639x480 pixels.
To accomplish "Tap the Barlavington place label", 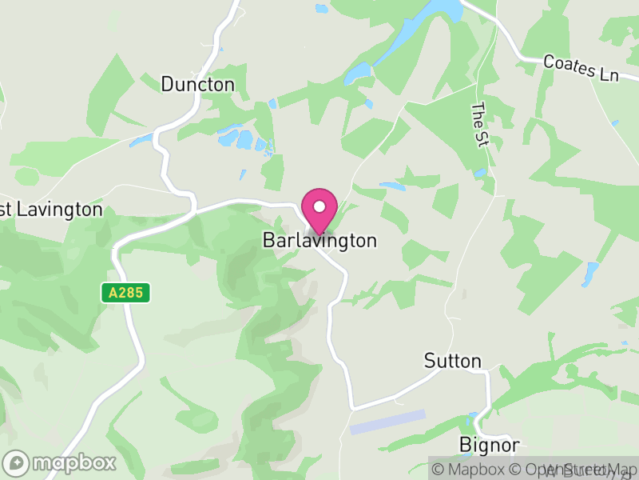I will point(319,240).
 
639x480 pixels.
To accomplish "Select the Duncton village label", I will point(198,84).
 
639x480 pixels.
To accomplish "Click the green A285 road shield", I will point(126,293).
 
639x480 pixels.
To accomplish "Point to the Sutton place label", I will point(453,361).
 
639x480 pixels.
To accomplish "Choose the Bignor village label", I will point(490,445).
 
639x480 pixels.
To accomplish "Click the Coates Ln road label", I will point(581,68).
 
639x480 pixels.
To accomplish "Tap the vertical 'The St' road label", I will point(479,125).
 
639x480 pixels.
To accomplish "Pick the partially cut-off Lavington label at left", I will point(51,210).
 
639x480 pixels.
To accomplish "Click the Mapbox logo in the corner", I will point(60,462).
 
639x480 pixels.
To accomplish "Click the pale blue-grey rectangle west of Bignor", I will point(387,422).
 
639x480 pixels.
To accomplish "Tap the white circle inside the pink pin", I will point(319,206).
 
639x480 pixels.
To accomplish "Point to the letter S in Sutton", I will point(430,361).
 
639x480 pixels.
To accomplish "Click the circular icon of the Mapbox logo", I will point(16,462).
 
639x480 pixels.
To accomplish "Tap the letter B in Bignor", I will point(465,445).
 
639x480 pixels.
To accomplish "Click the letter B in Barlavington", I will point(268,240).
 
